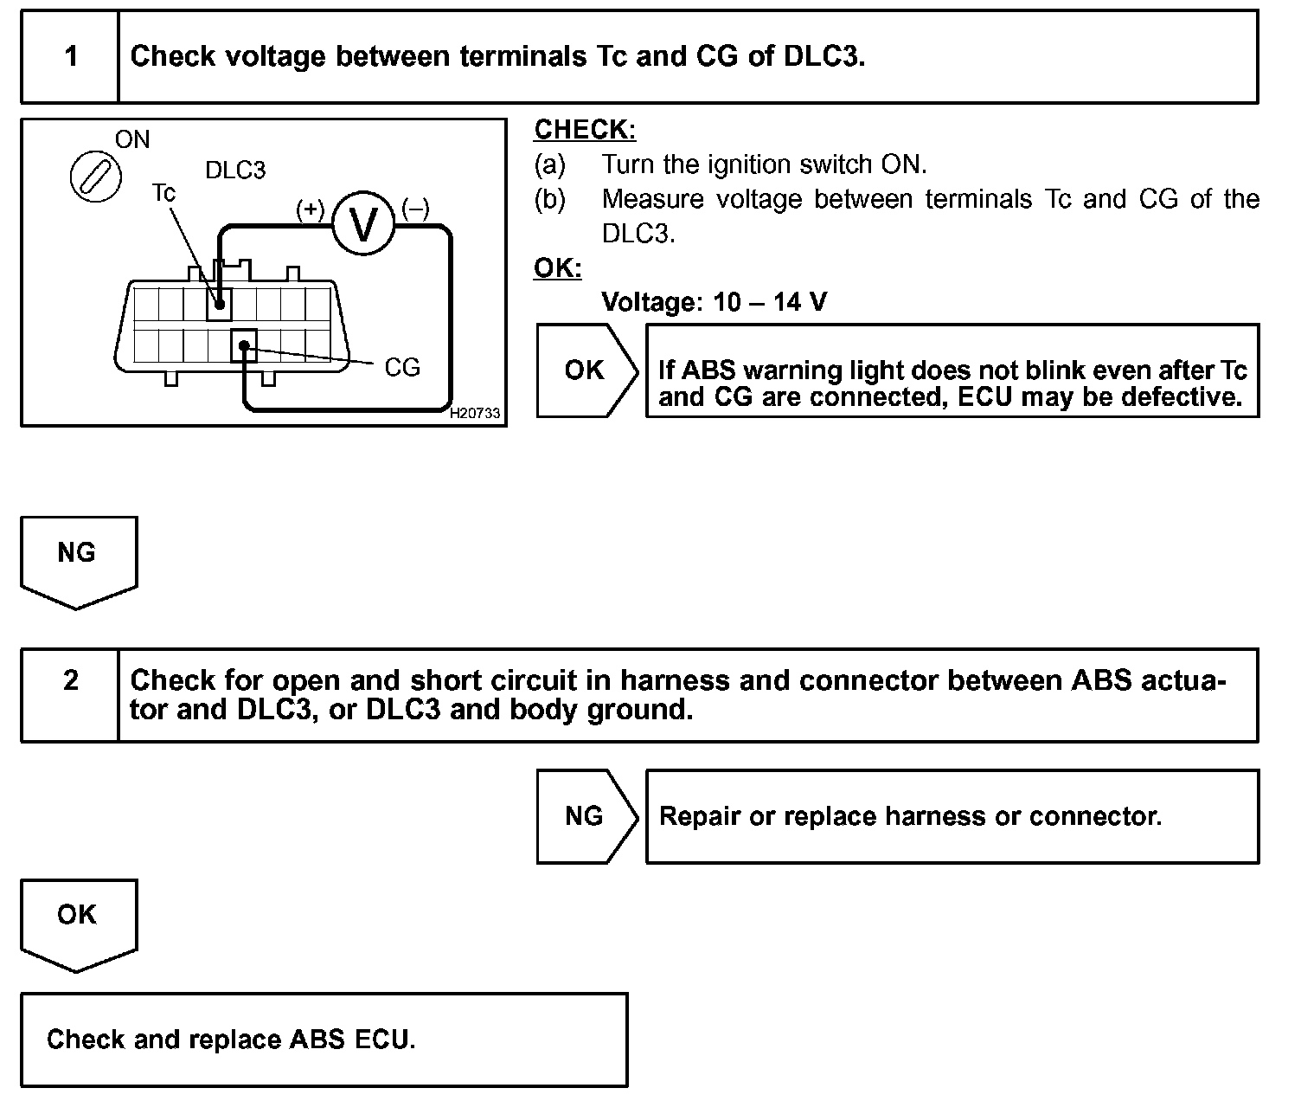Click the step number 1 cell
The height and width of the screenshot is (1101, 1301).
point(70,57)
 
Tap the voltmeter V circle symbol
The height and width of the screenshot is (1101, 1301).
point(363,223)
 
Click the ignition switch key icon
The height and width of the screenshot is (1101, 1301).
point(95,177)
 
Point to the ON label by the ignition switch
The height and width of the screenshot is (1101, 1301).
point(132,140)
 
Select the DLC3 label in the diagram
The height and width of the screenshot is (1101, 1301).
point(235,171)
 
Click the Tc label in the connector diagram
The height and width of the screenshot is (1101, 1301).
point(163,192)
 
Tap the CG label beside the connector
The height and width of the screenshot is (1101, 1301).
point(401,368)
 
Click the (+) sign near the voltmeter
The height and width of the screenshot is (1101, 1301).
point(311,210)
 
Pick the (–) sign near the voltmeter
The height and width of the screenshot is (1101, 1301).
point(415,209)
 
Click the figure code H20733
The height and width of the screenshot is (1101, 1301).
point(475,414)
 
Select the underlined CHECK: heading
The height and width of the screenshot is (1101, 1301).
point(585,130)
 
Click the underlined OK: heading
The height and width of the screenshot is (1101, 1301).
point(558,268)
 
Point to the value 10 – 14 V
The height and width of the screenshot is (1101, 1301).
point(769,302)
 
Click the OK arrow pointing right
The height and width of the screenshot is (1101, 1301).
point(586,370)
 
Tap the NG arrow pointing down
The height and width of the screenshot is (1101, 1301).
point(77,558)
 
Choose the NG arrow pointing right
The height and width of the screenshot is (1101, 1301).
point(586,816)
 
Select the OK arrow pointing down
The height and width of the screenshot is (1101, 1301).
point(77,921)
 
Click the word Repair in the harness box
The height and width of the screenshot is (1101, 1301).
point(700,816)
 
